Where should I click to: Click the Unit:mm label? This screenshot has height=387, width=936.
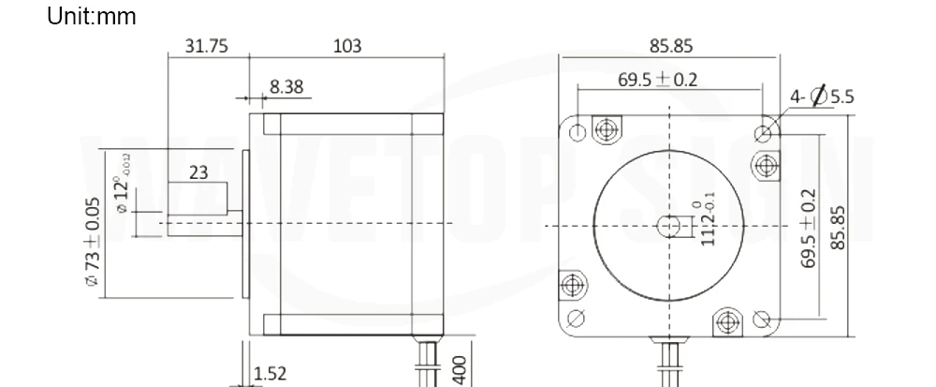point(92,16)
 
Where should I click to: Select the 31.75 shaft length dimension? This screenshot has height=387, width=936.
point(207,46)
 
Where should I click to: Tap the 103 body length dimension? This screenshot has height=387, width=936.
point(347,46)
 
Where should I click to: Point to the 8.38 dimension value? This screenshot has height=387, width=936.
point(286,87)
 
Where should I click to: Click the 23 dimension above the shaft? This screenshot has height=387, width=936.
point(198,172)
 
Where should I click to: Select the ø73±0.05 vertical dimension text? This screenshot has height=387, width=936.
point(93,242)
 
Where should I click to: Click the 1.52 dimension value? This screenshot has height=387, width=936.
point(271,374)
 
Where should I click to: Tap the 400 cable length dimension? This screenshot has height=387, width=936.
point(461,370)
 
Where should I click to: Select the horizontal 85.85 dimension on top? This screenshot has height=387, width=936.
point(671,46)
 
